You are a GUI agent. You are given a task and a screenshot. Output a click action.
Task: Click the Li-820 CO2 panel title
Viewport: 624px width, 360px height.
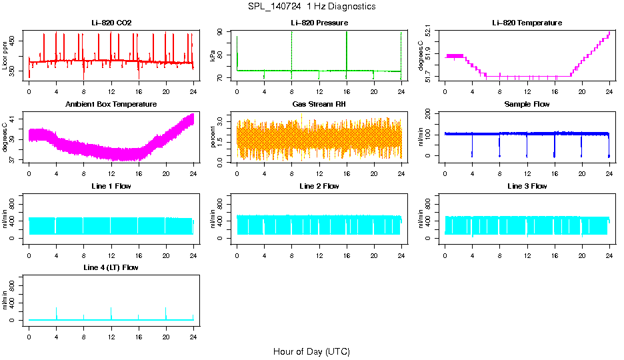coord(111,23)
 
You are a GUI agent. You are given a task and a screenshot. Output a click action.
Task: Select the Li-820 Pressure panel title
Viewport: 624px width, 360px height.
coord(319,23)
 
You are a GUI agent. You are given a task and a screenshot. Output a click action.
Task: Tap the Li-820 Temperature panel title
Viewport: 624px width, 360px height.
coord(527,23)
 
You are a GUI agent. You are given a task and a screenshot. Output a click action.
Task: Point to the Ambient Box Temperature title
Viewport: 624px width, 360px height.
coord(111,105)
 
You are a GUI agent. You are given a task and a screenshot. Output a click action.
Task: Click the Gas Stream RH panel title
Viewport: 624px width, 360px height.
coord(319,105)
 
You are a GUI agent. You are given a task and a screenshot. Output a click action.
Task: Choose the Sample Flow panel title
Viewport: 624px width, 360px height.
coord(527,105)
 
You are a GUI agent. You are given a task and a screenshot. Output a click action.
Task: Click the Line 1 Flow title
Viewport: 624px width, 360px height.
coord(111,186)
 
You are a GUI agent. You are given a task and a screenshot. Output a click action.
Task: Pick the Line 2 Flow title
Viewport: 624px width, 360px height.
coord(319,186)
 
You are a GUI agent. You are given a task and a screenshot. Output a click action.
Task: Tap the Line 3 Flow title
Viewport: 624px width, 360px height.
coord(527,186)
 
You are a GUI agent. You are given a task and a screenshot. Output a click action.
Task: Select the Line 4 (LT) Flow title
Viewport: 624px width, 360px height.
coord(111,267)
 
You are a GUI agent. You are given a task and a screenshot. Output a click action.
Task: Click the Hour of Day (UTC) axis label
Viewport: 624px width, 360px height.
coord(311,351)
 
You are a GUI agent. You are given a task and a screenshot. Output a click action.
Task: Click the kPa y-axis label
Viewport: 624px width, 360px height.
coord(213,57)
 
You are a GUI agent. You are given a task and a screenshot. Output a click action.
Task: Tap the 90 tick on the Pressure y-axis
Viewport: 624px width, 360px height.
coord(221,33)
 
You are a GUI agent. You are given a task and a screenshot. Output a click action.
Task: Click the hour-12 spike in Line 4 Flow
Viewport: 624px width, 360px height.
coord(111,312)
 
